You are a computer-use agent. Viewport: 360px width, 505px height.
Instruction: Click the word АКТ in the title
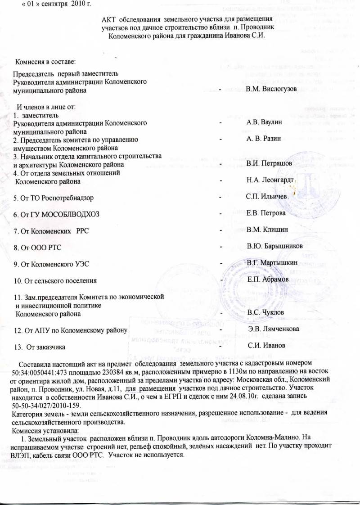(x=111, y=20)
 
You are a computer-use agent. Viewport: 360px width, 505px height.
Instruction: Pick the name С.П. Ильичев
(x=267, y=197)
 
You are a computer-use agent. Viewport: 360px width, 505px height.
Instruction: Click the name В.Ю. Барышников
(x=274, y=247)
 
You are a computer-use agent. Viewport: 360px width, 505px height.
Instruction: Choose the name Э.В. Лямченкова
(x=274, y=329)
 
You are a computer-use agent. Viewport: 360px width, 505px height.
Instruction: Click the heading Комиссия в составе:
(x=45, y=60)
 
